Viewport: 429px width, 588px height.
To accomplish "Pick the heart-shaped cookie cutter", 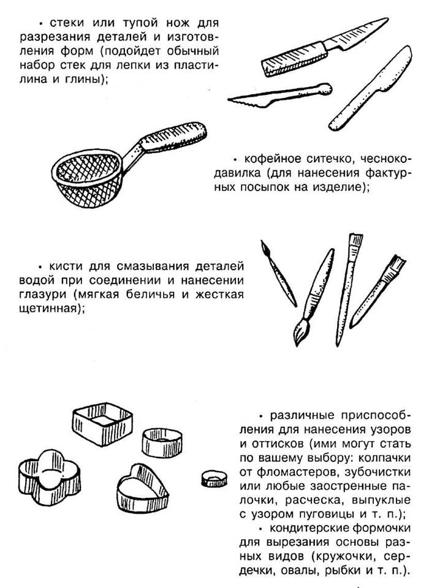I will (141, 483).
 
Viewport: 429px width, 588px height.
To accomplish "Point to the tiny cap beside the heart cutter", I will (214, 477).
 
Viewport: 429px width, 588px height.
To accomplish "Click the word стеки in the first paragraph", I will (63, 23).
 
